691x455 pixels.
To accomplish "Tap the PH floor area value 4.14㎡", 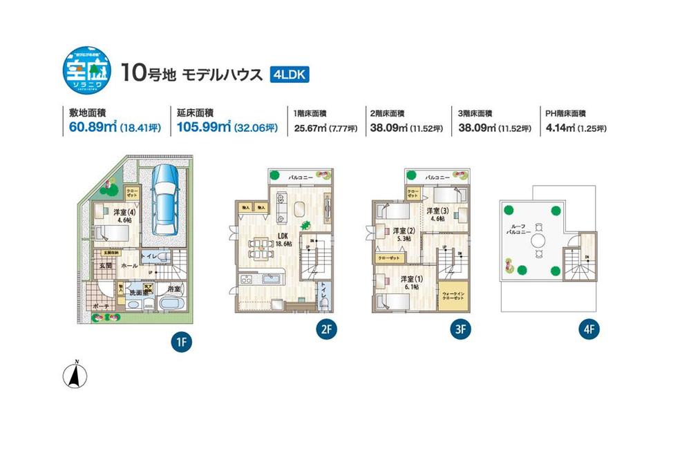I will [560, 128].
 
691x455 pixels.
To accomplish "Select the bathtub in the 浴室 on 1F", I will [169, 304].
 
